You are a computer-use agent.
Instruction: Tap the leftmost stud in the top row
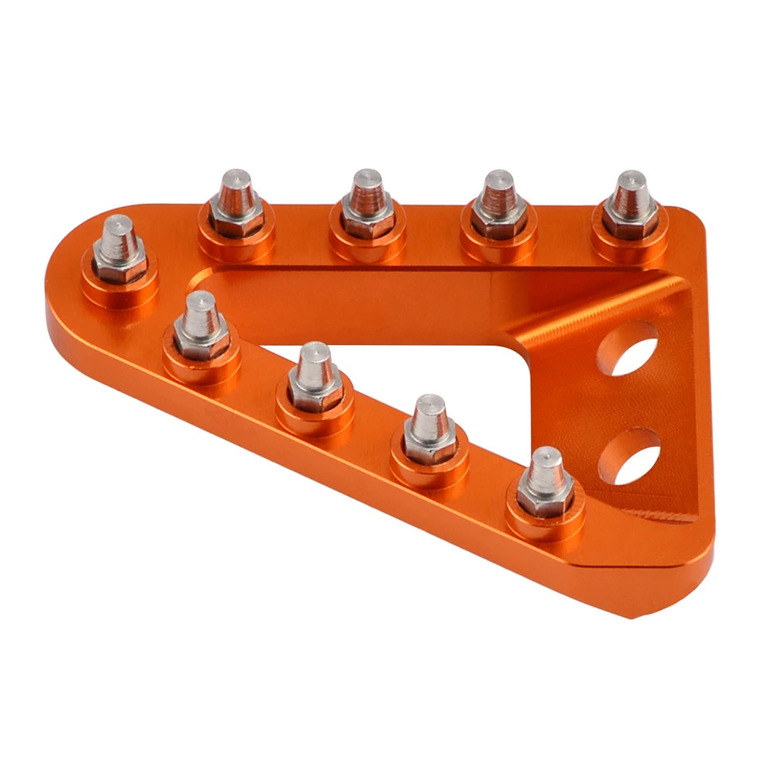(x=236, y=205)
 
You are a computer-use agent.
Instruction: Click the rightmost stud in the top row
(x=630, y=205)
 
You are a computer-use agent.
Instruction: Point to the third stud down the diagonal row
(x=429, y=430)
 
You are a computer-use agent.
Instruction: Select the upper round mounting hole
(x=628, y=348)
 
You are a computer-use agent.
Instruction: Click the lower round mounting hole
(x=629, y=456)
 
